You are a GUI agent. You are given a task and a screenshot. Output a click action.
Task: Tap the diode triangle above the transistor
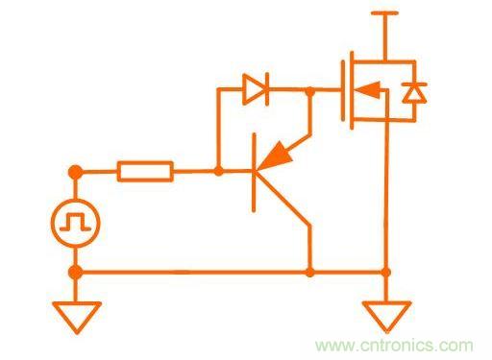254,89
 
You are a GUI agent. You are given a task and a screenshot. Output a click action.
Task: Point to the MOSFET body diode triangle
414,94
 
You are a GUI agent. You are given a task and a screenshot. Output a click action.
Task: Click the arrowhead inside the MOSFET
368,89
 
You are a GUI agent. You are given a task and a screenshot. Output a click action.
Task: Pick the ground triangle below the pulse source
77,317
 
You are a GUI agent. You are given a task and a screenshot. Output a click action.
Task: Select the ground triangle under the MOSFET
387,316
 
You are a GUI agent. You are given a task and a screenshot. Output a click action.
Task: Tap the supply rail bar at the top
384,13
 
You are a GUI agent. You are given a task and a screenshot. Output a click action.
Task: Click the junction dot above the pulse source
76,172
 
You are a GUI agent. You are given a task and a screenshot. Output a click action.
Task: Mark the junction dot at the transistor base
218,171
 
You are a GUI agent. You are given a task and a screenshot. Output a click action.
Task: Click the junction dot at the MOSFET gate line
309,91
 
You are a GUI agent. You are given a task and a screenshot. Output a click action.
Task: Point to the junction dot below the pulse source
76,273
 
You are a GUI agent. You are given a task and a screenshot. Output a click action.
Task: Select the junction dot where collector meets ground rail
309,273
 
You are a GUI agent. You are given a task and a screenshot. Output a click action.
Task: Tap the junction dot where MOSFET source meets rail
386,273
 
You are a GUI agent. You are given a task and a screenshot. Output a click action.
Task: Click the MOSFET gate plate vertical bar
343,91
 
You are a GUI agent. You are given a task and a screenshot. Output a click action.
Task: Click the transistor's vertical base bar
254,173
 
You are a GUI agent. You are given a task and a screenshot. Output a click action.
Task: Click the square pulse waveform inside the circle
76,223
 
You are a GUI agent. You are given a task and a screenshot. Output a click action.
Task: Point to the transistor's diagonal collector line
283,199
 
